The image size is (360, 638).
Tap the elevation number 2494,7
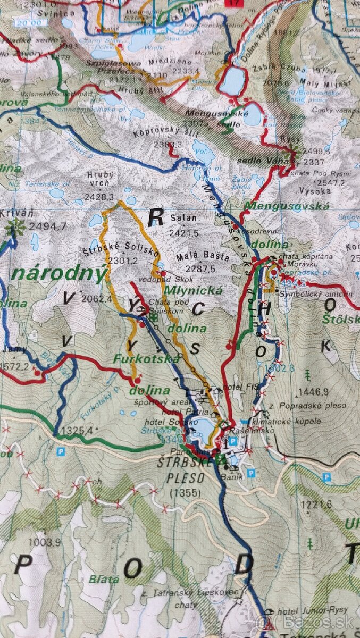tap(48, 226)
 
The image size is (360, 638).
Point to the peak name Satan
tap(183, 218)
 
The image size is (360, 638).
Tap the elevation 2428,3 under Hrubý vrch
tap(99, 197)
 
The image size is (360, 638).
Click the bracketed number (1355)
tap(186, 493)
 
